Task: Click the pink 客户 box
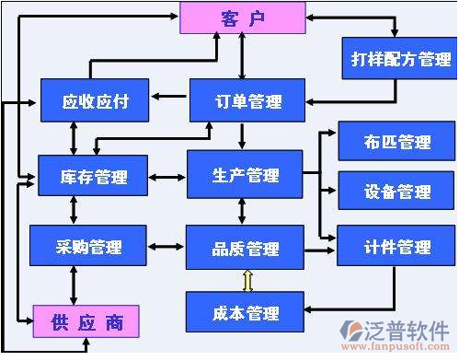[x=243, y=17]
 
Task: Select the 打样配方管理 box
[x=396, y=59]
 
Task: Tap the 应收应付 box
[x=95, y=101]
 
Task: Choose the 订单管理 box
[x=246, y=101]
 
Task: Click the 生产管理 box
[x=244, y=175]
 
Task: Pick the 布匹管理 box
[x=384, y=142]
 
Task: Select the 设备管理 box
[x=384, y=192]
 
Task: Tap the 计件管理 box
[x=384, y=246]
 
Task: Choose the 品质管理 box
[x=245, y=248]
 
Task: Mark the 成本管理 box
[x=244, y=312]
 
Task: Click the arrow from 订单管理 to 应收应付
[x=170, y=96]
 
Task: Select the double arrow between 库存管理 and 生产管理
[x=166, y=176]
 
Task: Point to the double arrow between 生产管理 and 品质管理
[x=242, y=211]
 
